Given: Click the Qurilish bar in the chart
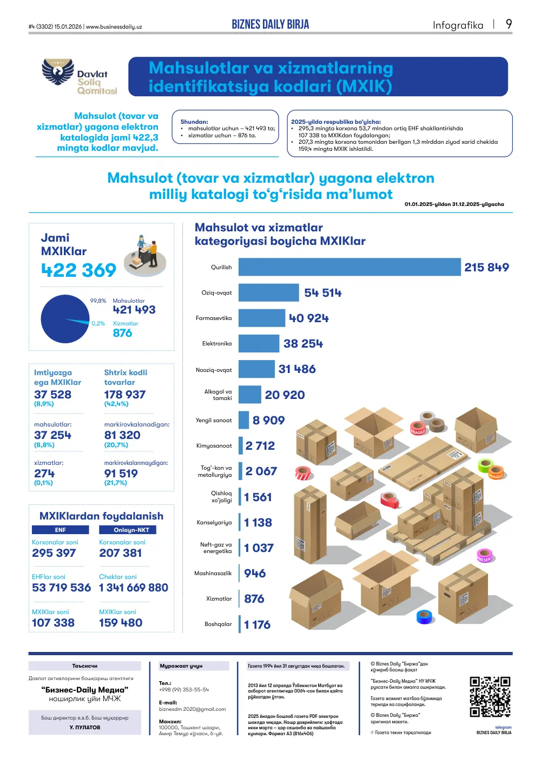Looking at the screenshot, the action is click(349, 267).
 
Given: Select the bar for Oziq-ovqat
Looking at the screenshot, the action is click(269, 292).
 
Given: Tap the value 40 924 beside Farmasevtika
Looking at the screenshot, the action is click(309, 318).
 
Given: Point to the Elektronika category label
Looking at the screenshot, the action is click(217, 344).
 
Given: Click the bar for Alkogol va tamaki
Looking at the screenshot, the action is click(249, 395).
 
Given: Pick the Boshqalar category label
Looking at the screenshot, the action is click(218, 624).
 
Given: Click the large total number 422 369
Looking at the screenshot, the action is click(78, 270).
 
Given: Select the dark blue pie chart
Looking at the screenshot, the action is click(65, 319).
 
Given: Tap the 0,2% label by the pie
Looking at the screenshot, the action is click(98, 324).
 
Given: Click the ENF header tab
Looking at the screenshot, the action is click(61, 530).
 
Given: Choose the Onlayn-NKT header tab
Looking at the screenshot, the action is click(128, 530).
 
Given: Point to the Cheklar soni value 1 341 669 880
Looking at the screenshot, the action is click(134, 587).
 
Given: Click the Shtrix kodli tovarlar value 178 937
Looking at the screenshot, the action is click(125, 395).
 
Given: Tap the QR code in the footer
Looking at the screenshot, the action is click(490, 697).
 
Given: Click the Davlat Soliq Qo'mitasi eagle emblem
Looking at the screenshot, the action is click(58, 71).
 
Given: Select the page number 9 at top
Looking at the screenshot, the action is click(509, 24).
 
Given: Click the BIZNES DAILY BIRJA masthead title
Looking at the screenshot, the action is click(270, 24).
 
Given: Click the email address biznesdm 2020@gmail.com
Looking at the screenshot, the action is click(192, 709).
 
